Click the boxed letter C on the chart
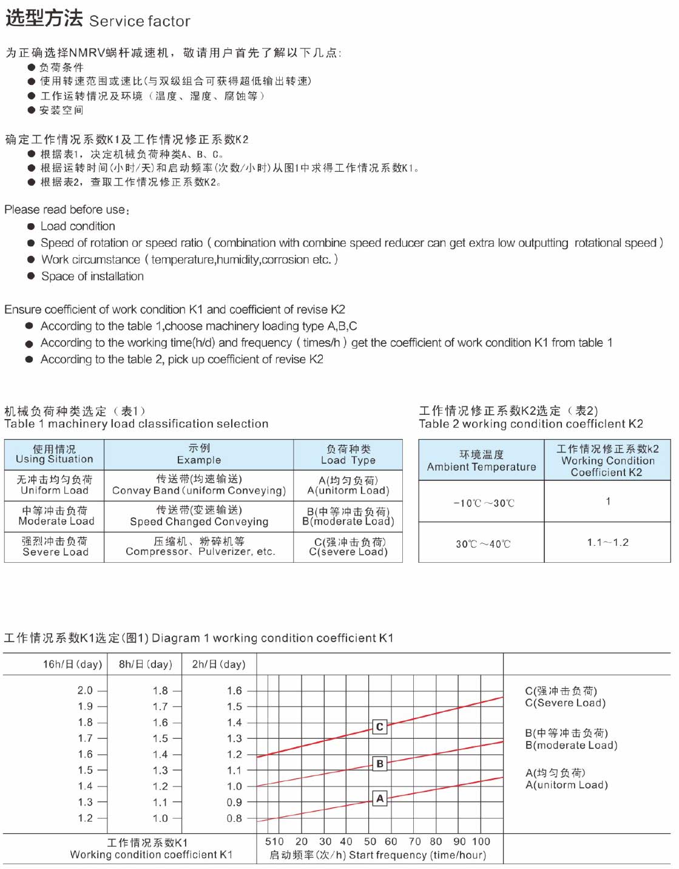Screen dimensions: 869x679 coord(379,726)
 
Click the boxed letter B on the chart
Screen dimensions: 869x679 coord(379,763)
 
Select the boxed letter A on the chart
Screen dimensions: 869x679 coord(380,798)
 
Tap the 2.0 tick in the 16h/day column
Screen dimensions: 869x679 coord(86,691)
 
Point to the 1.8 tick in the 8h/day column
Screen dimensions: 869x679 coord(160,691)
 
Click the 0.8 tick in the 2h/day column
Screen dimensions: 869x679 coord(234,819)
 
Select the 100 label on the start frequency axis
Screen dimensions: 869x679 coord(481,842)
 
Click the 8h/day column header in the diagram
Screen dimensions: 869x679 coord(146,665)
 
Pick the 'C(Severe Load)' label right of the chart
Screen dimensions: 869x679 coord(565,703)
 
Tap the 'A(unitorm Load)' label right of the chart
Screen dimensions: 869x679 coord(566,785)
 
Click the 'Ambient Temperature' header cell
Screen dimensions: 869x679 coord(481,467)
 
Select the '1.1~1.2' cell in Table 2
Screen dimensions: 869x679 coord(607,543)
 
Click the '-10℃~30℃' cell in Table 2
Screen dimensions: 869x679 coord(484,503)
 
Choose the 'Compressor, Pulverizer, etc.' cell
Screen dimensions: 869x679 coord(200,552)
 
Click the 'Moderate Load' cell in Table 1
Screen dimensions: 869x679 coord(56,522)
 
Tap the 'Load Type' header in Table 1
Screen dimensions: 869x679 coord(348,460)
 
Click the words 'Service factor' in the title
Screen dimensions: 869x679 coord(140,22)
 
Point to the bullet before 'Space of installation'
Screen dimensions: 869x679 coord(30,277)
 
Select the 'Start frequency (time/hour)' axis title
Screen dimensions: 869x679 coord(417,855)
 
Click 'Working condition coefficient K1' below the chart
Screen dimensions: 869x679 coord(151,855)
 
